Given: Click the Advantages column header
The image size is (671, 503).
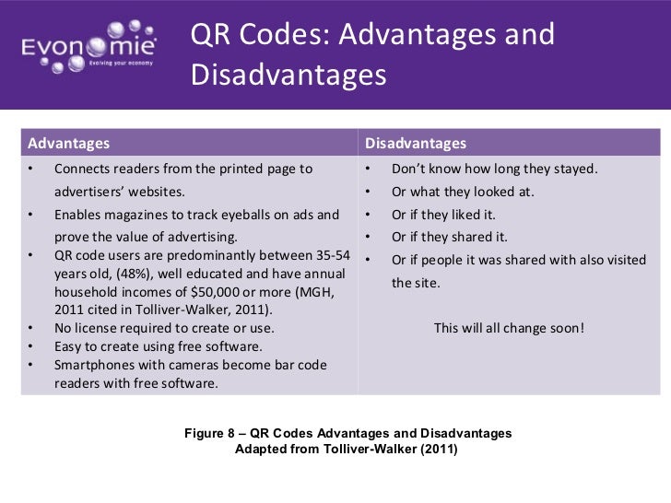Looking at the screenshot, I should click(69, 144).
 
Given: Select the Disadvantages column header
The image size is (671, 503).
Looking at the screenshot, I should click(416, 144).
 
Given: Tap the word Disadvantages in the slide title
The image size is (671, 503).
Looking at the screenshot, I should click(288, 74).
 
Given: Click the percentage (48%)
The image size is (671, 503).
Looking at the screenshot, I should click(131, 275).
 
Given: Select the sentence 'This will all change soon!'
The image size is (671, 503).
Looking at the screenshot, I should click(509, 327).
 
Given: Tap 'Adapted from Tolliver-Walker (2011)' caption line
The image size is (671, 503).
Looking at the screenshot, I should click(347, 450).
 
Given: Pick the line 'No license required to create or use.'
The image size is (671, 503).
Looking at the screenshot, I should click(164, 328).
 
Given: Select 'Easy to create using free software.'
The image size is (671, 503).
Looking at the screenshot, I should click(159, 346).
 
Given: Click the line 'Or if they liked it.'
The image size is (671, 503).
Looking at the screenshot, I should click(449, 215).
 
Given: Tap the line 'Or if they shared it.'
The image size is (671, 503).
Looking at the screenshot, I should click(450, 237).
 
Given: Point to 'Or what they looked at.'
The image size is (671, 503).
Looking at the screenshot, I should click(463, 192).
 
